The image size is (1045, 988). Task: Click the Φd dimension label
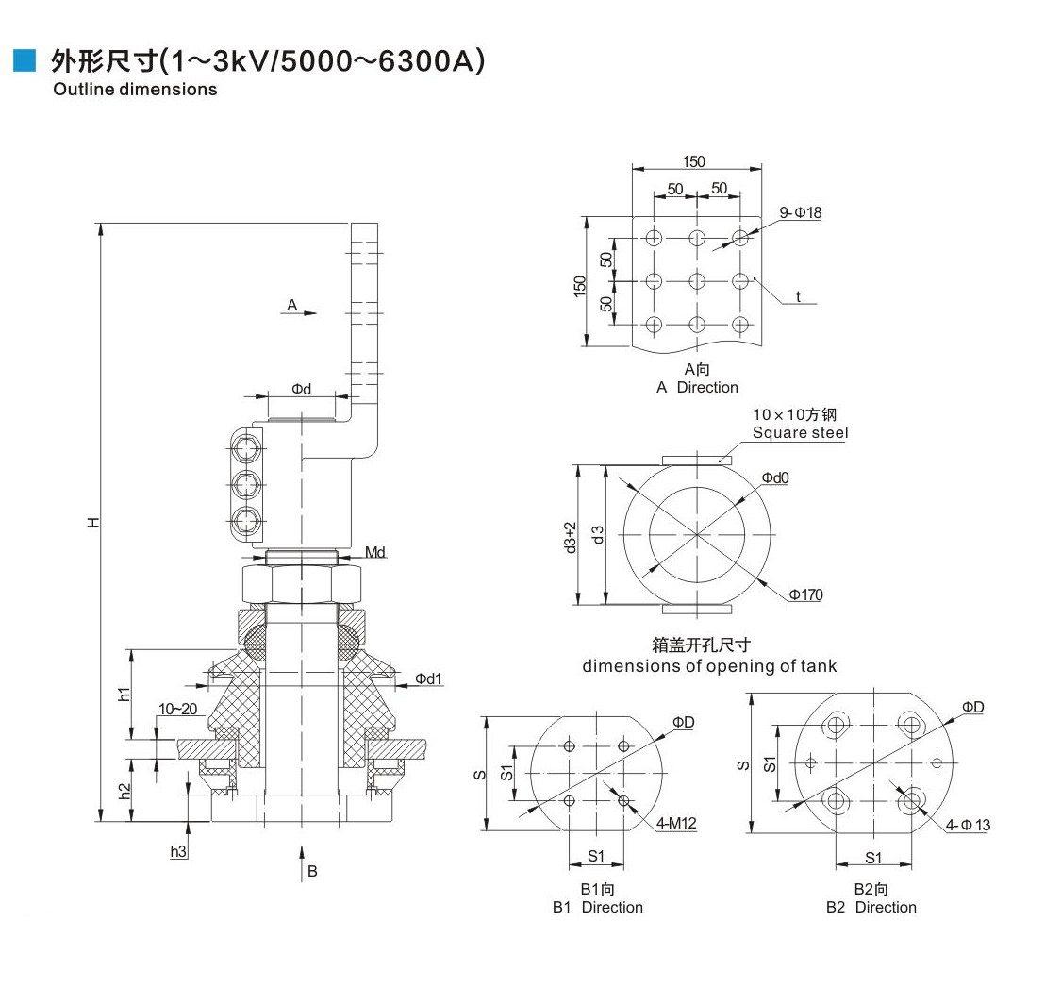pyautogui.click(x=300, y=388)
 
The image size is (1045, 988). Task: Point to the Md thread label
pyautogui.click(x=374, y=552)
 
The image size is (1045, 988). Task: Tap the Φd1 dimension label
pyautogui.click(x=428, y=678)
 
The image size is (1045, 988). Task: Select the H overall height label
pyautogui.click(x=92, y=522)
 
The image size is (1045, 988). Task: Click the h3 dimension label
pyautogui.click(x=179, y=851)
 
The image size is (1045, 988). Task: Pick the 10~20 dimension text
pyautogui.click(x=177, y=709)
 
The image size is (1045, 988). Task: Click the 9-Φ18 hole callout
pyautogui.click(x=801, y=212)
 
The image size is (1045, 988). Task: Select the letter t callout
pyautogui.click(x=798, y=297)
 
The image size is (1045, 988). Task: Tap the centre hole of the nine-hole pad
pyautogui.click(x=697, y=280)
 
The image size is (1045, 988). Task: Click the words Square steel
pyautogui.click(x=800, y=432)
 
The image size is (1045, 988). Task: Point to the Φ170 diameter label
pyautogui.click(x=806, y=594)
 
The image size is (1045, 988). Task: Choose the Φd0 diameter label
pyautogui.click(x=775, y=477)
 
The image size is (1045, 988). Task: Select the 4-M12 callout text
pyautogui.click(x=676, y=824)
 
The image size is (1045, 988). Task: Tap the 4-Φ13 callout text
pyautogui.click(x=969, y=825)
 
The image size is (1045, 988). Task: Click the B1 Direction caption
pyautogui.click(x=597, y=907)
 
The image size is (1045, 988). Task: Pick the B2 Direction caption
pyautogui.click(x=871, y=907)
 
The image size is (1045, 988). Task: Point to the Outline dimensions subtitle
pyautogui.click(x=135, y=90)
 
